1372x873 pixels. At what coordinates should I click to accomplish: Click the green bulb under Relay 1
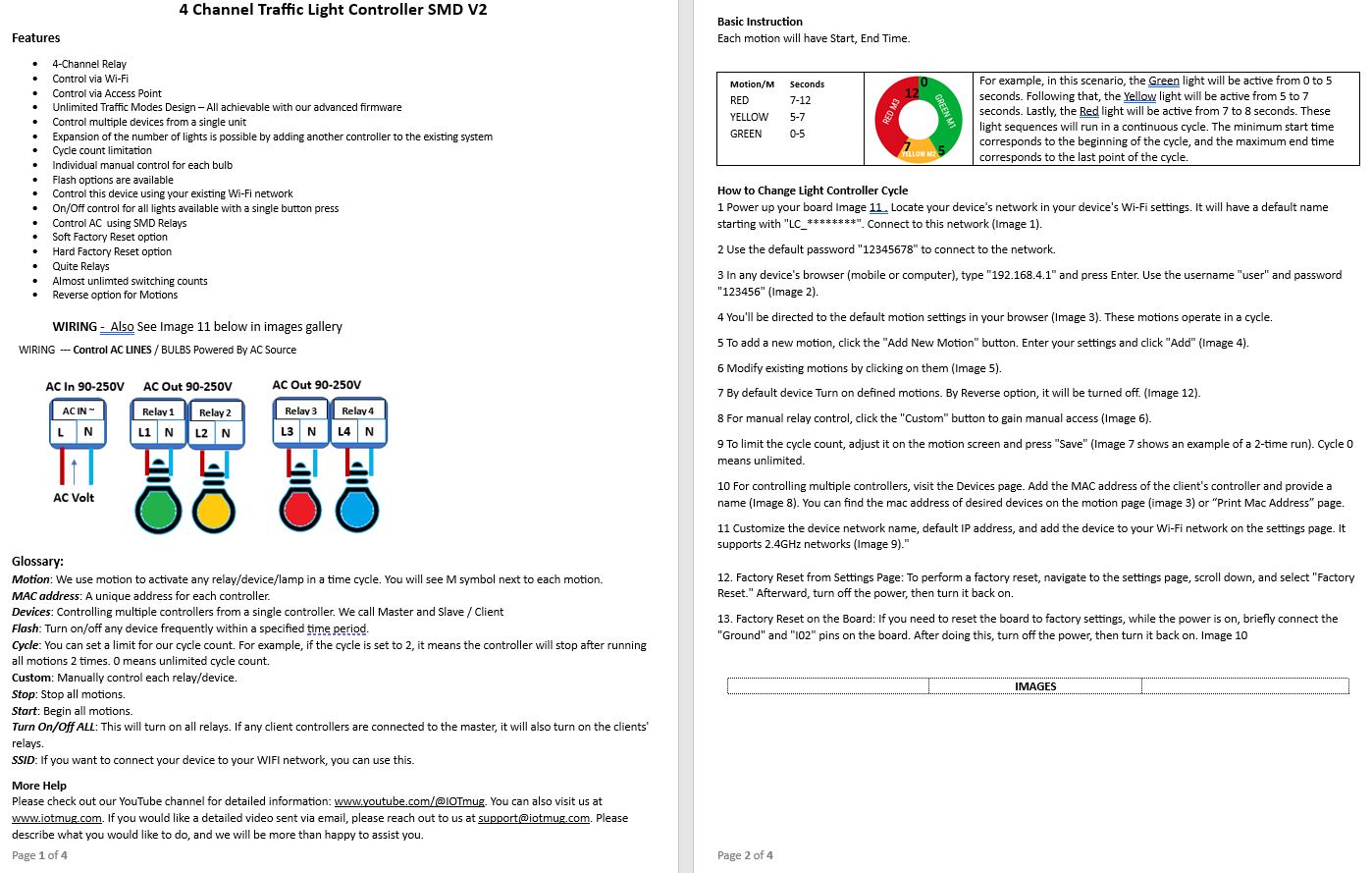tap(158, 510)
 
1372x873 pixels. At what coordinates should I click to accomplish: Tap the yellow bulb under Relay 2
tap(213, 510)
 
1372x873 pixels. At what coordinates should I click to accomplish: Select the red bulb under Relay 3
tap(301, 510)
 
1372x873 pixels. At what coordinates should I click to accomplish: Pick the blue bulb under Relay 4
tap(357, 510)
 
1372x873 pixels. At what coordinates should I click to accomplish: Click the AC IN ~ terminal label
tap(79, 410)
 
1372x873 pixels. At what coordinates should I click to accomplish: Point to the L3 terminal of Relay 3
tap(288, 431)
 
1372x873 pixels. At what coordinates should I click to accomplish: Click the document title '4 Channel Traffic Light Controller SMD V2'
tap(333, 10)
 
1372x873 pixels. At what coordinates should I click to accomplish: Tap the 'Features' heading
tap(36, 38)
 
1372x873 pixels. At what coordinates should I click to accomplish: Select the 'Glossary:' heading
tap(37, 562)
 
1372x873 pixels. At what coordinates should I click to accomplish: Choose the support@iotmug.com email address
tap(534, 818)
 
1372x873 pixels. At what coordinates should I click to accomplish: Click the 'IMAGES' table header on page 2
tap(1035, 686)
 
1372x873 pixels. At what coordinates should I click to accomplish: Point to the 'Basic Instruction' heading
tap(760, 22)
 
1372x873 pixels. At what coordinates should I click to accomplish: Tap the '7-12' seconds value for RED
tap(800, 100)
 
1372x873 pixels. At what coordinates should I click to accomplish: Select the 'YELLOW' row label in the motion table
tap(749, 117)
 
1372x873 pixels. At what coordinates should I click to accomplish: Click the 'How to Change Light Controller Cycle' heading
tap(813, 191)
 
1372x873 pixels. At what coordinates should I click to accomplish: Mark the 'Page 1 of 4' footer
tap(39, 855)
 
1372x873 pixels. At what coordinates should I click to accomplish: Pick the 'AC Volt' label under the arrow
tap(74, 498)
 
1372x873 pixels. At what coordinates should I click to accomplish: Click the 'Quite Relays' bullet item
tap(80, 266)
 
